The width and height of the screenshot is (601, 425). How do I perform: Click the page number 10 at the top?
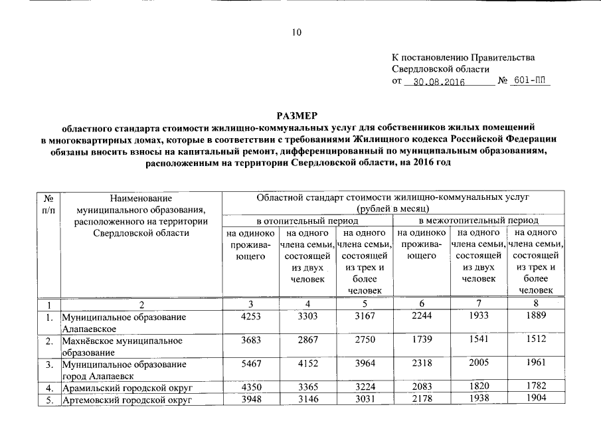(296, 33)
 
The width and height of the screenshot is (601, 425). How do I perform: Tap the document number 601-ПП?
(532, 82)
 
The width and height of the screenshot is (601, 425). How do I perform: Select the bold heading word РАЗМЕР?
(297, 116)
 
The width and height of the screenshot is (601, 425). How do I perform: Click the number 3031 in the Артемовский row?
(365, 400)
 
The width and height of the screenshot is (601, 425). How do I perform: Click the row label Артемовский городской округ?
(126, 400)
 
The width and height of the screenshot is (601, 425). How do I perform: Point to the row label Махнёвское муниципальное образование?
(122, 346)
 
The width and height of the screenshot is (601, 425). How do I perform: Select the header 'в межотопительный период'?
(478, 220)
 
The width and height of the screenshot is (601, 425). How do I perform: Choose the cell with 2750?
(365, 341)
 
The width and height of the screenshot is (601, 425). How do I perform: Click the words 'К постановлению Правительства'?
(464, 58)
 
